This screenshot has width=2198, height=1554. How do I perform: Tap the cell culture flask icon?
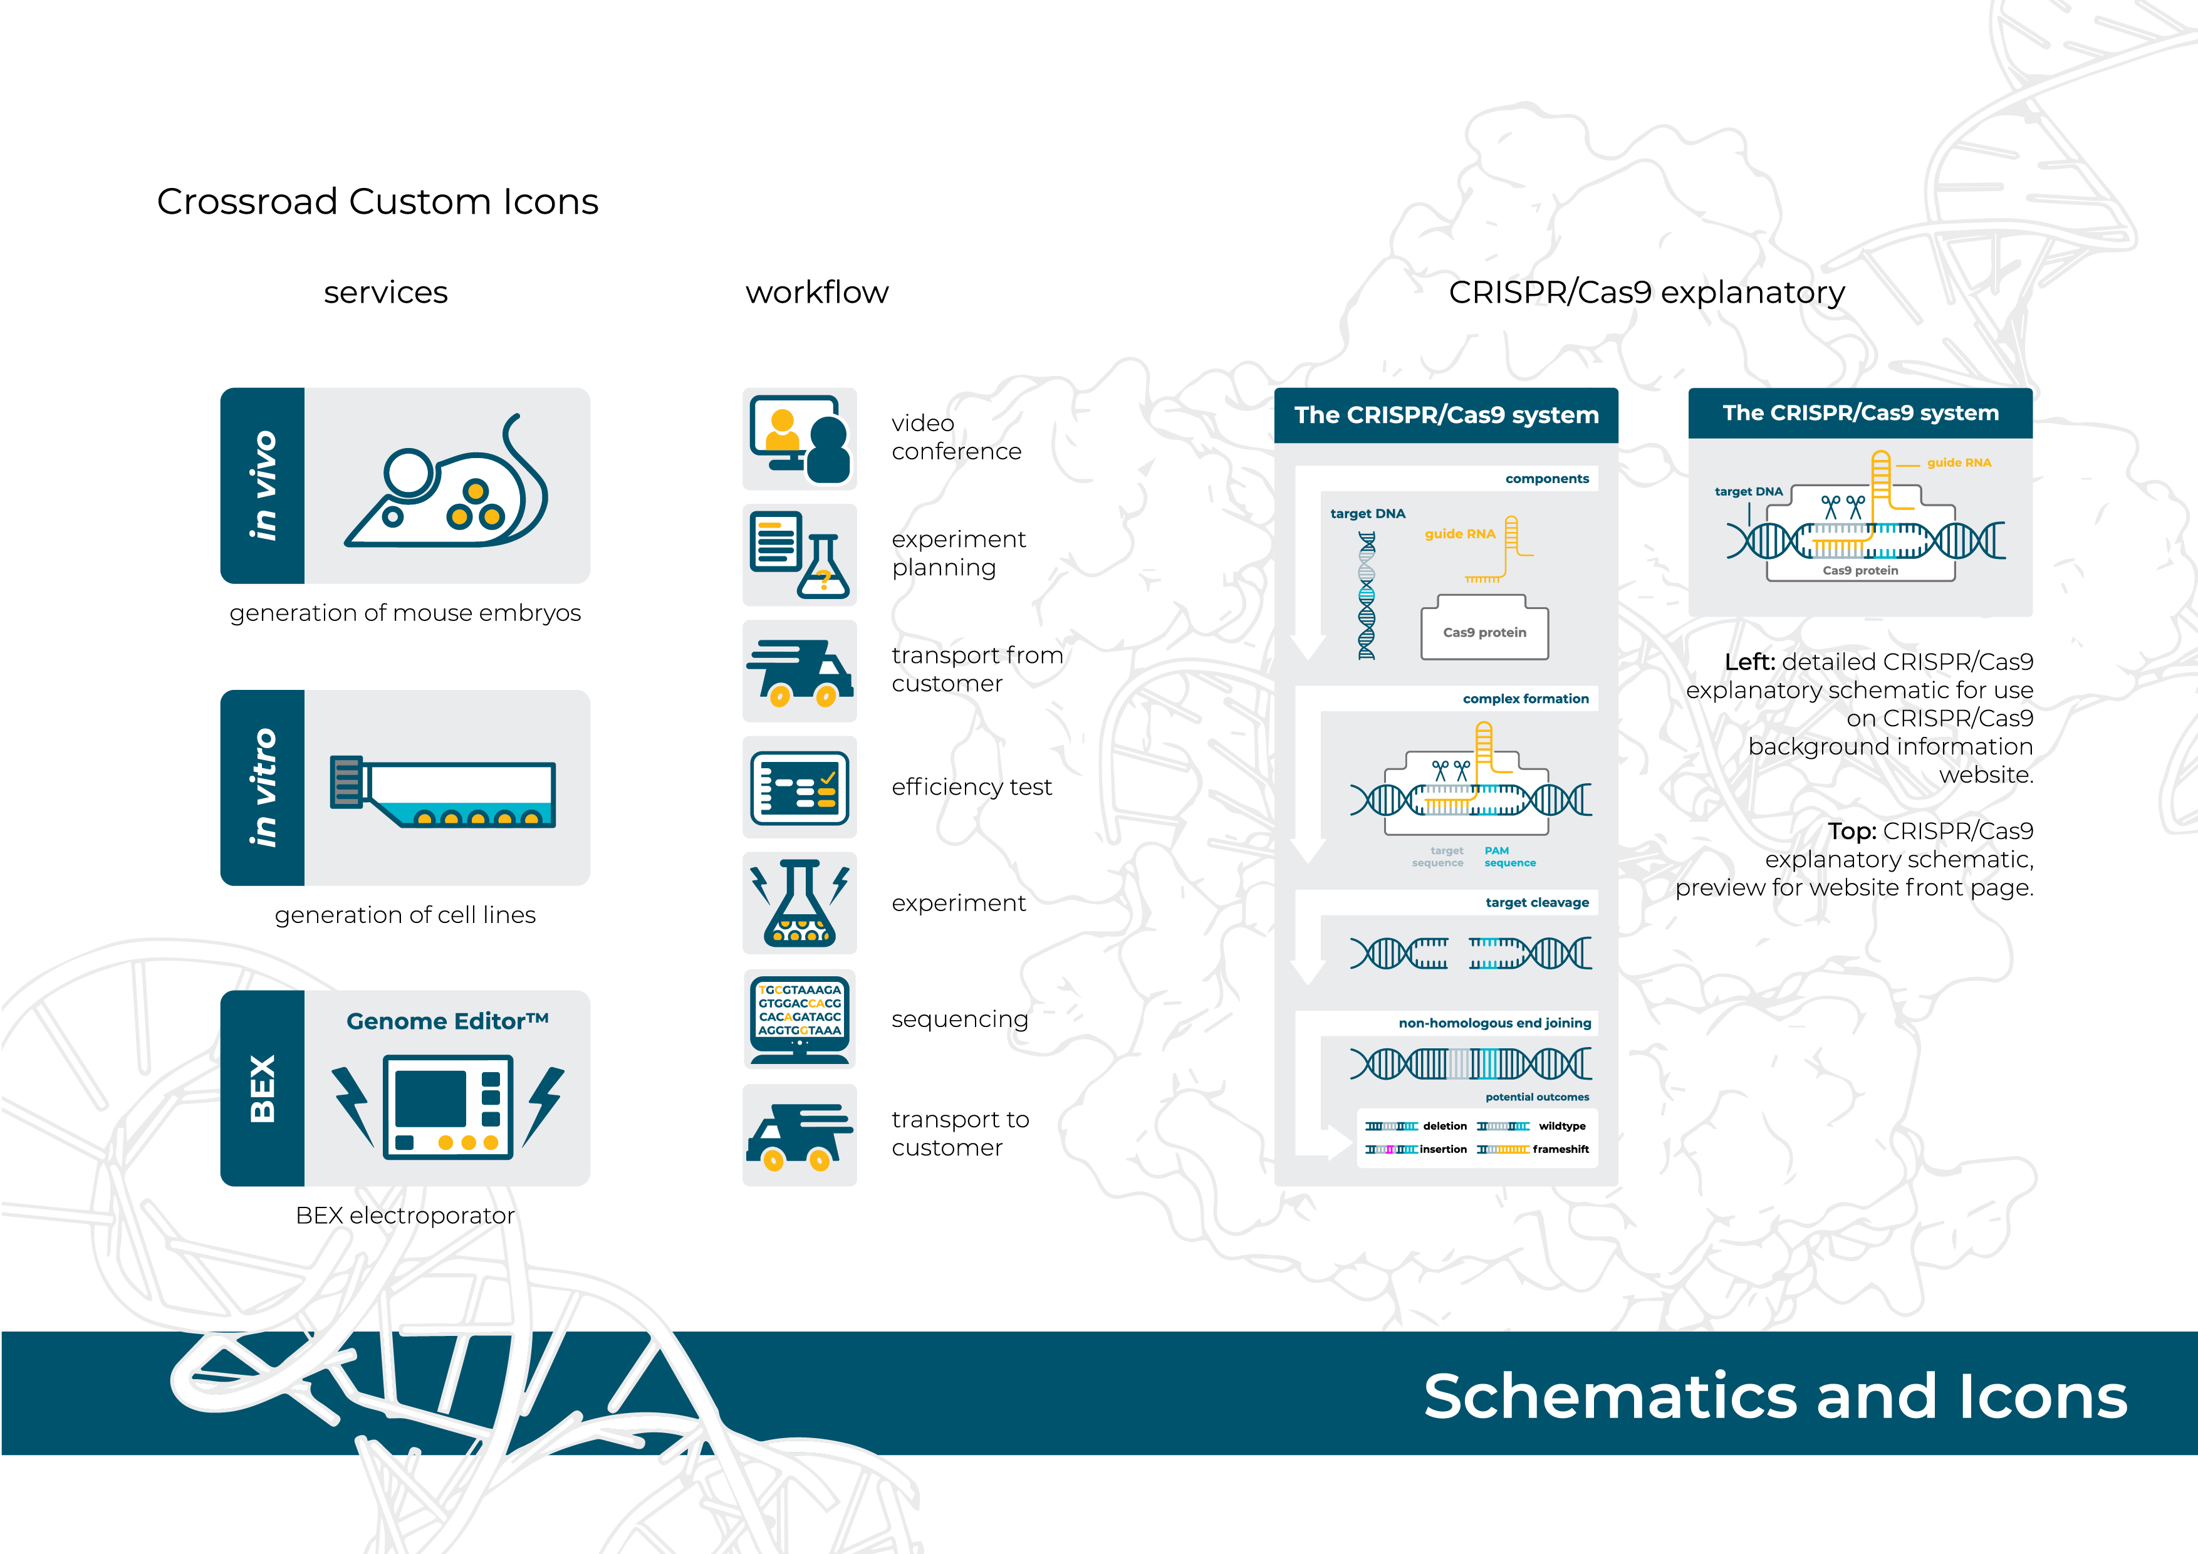click(x=443, y=792)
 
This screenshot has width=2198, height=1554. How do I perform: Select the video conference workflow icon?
click(x=800, y=439)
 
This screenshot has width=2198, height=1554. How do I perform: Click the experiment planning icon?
click(x=800, y=555)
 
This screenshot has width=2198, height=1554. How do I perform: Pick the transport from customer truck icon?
click(x=800, y=671)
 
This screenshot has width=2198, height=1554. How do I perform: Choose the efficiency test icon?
click(x=800, y=787)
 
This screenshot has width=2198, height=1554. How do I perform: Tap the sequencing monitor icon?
click(x=800, y=1019)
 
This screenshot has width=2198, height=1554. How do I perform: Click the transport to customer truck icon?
click(x=800, y=1135)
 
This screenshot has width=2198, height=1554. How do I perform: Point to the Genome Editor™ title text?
click(x=447, y=1021)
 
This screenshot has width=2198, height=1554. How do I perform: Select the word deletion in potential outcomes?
click(x=1445, y=1126)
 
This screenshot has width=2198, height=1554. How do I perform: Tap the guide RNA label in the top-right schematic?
click(x=1959, y=462)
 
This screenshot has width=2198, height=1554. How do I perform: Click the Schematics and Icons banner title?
click(x=1775, y=1396)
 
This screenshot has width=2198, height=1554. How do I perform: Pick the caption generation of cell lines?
click(x=405, y=915)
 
